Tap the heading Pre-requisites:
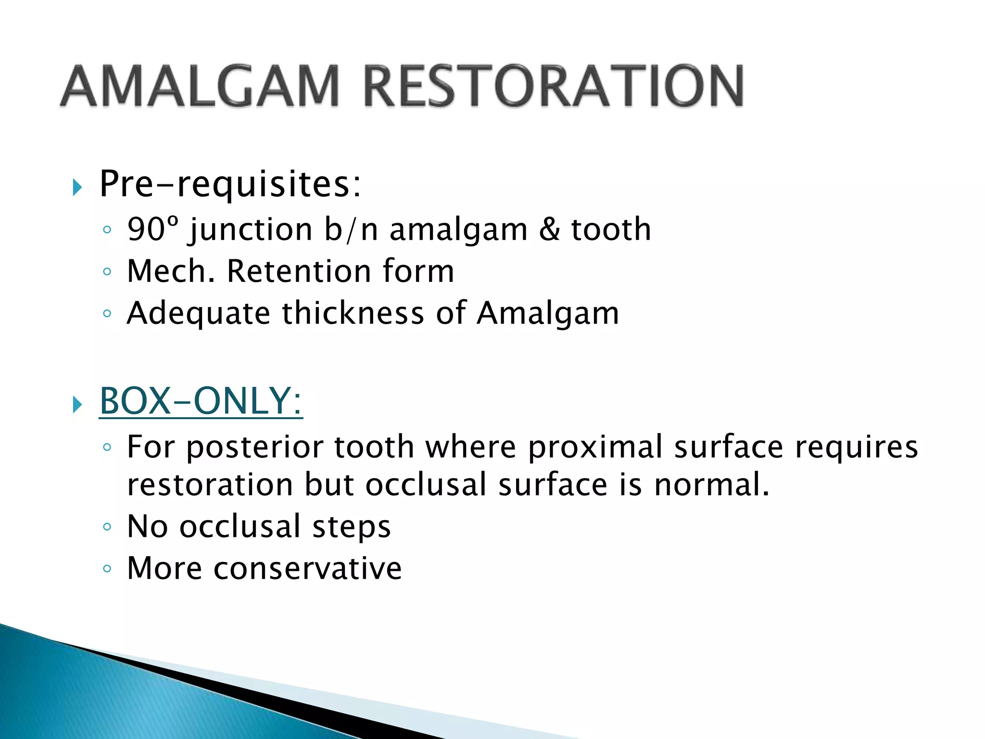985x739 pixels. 230,184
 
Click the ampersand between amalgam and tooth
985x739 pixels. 549,229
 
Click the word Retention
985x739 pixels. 298,271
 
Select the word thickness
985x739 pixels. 353,313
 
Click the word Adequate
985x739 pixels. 198,313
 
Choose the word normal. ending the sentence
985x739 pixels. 712,484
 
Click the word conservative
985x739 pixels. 308,568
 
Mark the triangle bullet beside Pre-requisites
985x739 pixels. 77,187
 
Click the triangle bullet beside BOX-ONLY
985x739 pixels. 77,404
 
